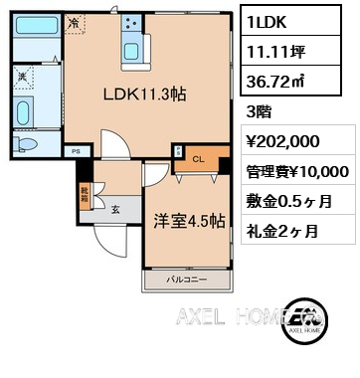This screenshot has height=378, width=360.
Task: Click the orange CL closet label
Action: (197, 157)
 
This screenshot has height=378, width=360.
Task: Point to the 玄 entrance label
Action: (115, 209)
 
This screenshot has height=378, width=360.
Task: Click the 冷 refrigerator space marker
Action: (76, 21)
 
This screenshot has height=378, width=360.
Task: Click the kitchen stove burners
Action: (131, 22)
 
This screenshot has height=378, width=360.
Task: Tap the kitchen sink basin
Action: (131, 48)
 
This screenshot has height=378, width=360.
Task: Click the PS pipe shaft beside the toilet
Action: (76, 150)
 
